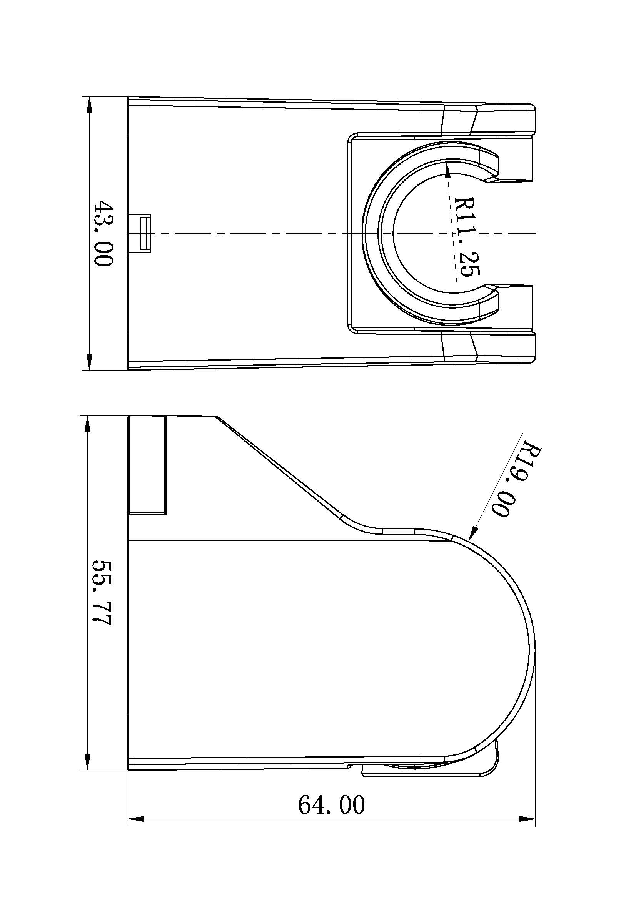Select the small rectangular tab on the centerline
pyautogui.click(x=145, y=233)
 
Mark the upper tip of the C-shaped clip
pyautogui.click(x=492, y=168)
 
